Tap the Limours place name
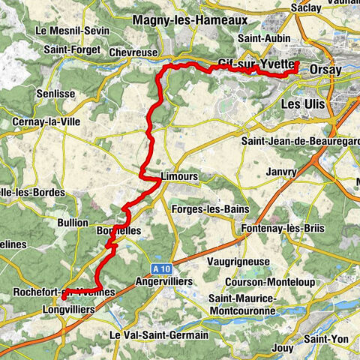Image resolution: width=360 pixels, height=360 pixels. [x=178, y=176]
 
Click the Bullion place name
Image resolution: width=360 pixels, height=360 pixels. [x=73, y=223]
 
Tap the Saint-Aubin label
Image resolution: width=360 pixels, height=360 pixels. [x=259, y=37]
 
